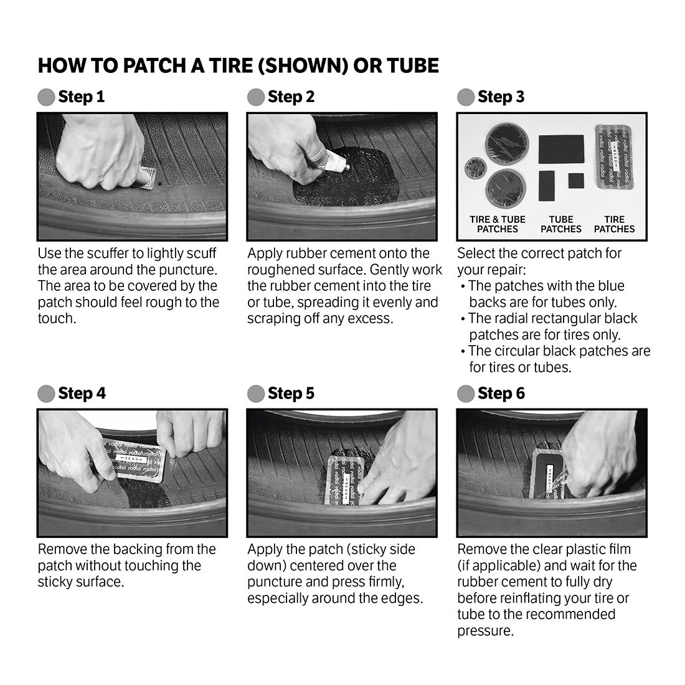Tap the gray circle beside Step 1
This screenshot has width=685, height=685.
(x=46, y=97)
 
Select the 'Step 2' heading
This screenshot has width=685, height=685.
(x=291, y=97)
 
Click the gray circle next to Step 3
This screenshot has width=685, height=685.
(x=465, y=97)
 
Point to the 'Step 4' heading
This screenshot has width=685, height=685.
(x=82, y=394)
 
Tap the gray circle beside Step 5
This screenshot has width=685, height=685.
(x=255, y=394)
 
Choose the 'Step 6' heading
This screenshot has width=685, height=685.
(x=501, y=394)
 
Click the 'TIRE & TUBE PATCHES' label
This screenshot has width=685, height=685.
(x=498, y=224)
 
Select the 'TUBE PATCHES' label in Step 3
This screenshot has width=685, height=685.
(x=560, y=224)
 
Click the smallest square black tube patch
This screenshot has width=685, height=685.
(x=576, y=181)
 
